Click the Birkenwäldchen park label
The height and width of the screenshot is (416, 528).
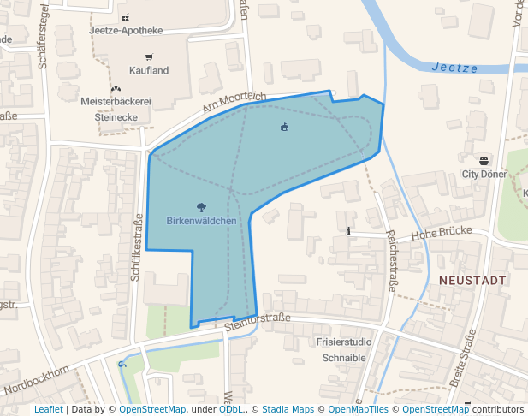[201, 220]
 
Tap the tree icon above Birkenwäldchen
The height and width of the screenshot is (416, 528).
[201, 206]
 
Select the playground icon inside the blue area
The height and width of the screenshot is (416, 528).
[285, 128]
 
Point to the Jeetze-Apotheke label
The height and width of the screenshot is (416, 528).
[126, 31]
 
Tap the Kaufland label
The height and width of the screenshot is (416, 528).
[149, 70]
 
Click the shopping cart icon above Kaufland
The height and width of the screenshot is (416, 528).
[149, 57]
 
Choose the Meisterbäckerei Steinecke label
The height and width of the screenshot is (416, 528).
[116, 109]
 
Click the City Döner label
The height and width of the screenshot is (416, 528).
[484, 174]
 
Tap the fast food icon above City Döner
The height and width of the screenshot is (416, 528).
[484, 161]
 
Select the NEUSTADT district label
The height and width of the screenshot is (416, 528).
[472, 280]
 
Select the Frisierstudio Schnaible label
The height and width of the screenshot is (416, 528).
[344, 349]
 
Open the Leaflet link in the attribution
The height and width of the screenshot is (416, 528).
[49, 410]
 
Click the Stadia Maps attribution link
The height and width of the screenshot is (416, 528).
[288, 410]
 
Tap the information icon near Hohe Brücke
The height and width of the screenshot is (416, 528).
[348, 231]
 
